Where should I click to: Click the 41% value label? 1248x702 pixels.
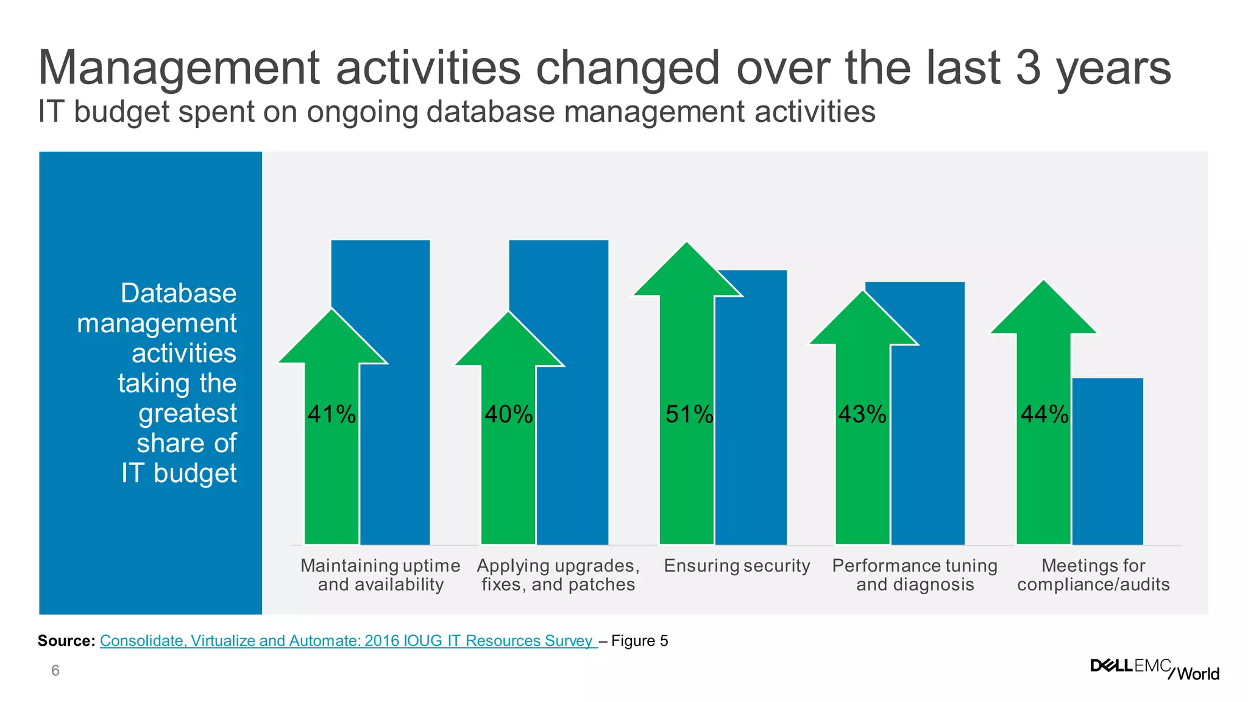(331, 414)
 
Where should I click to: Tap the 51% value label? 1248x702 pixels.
(689, 414)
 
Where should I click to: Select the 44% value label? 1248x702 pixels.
(1044, 414)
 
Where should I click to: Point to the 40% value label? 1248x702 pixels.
(509, 414)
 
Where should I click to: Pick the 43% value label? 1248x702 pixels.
(862, 414)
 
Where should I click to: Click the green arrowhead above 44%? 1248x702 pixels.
(1043, 311)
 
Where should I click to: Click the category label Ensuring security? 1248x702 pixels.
(737, 565)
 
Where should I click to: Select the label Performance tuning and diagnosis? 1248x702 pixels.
(915, 575)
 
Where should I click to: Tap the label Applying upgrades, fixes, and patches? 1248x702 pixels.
(558, 575)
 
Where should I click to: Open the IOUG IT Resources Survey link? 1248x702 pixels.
(347, 640)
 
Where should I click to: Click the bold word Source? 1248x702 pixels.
(66, 640)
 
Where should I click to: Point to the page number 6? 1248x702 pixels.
(55, 671)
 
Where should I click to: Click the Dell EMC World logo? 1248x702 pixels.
(1154, 668)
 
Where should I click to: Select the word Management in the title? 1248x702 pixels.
(179, 68)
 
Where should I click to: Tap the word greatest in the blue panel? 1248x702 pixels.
(187, 413)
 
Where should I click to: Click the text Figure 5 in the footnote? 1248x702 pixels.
(639, 640)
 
